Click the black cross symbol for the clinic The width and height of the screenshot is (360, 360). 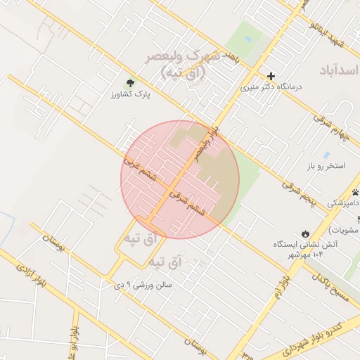tap(271, 76)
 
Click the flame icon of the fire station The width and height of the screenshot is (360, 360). tap(304, 233)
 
